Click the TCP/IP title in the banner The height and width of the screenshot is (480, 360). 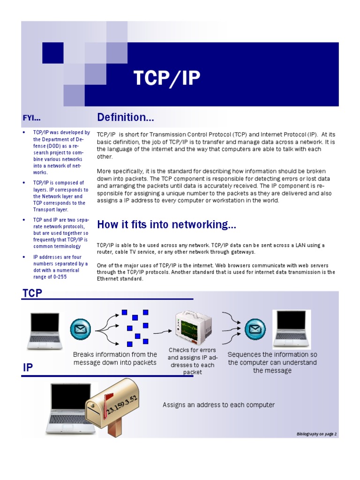(167, 79)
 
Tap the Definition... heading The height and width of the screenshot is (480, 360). (125, 117)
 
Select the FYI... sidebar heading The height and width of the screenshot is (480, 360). (35, 117)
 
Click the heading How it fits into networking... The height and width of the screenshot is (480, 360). (166, 225)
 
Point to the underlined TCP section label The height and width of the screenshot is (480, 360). (32, 293)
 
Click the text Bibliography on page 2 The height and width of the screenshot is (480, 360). (316, 434)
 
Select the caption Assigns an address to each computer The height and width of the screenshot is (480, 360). (218, 405)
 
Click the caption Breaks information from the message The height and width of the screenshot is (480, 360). (115, 359)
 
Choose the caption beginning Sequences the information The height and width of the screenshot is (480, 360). (272, 362)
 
